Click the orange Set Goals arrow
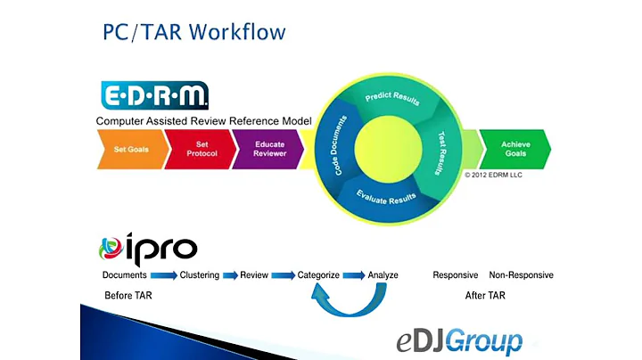132,150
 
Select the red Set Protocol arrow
201,150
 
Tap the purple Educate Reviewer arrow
268,150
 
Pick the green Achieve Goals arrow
515,150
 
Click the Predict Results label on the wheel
392,98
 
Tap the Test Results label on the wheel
440,153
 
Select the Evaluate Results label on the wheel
386,197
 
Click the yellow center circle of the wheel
388,149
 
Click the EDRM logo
155,95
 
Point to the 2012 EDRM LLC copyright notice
493,175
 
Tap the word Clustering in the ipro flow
200,275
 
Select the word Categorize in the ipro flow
318,275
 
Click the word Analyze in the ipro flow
383,275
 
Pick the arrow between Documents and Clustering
163,275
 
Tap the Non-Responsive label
522,275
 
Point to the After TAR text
485,295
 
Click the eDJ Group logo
459,341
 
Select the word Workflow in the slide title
237,32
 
